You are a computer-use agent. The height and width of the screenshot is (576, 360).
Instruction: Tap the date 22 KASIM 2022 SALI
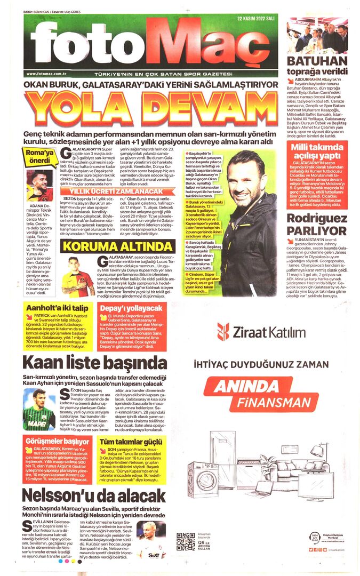255,19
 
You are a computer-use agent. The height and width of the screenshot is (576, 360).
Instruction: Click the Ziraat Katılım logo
261,332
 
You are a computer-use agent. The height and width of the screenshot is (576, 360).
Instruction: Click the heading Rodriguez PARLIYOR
317,224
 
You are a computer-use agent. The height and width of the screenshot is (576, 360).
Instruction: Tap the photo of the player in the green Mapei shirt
39,410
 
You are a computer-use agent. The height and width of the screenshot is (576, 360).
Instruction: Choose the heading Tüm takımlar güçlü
131,442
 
